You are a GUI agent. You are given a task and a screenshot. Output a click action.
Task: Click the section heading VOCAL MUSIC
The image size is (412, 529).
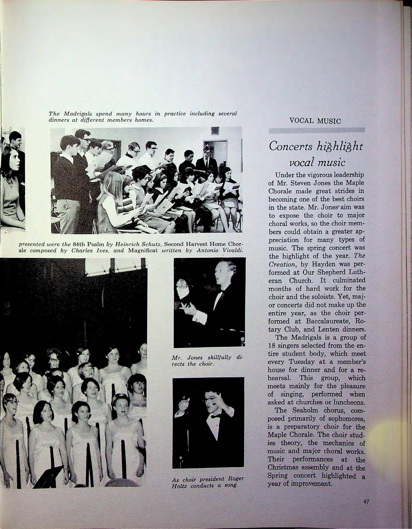pyautogui.click(x=315, y=121)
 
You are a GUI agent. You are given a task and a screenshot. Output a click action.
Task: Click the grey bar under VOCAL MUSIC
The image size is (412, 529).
pyautogui.click(x=317, y=130)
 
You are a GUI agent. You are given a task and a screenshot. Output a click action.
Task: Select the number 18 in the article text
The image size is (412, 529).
pyautogui.click(x=271, y=345)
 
